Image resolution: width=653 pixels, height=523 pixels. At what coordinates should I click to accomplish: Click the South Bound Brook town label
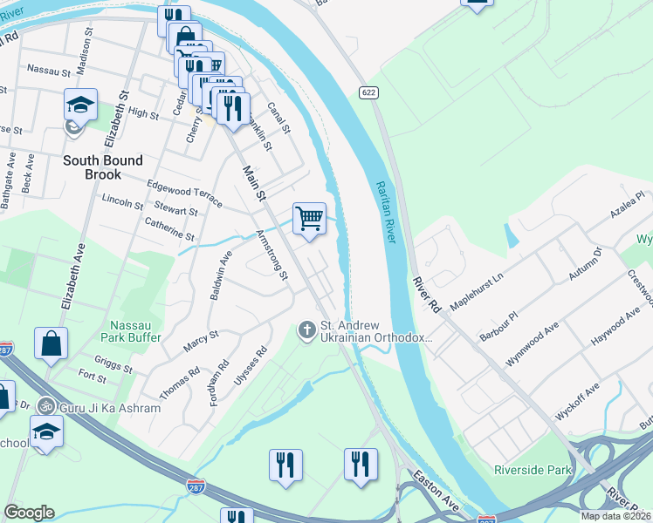coord(102,167)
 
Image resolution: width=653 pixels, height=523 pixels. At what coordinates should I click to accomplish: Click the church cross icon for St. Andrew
coord(306,329)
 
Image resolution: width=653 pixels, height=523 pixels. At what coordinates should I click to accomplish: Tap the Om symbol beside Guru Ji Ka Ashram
coord(47,407)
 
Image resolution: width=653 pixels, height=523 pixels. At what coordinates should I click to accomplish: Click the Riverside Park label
coord(533,470)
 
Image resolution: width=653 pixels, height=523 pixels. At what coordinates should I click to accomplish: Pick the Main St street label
coord(254,184)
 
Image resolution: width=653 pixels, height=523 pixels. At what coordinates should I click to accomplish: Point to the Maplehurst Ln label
coord(478,288)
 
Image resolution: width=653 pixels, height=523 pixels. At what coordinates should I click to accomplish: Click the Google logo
coord(29,513)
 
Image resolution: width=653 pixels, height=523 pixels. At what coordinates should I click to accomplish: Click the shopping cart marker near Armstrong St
coord(309,218)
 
